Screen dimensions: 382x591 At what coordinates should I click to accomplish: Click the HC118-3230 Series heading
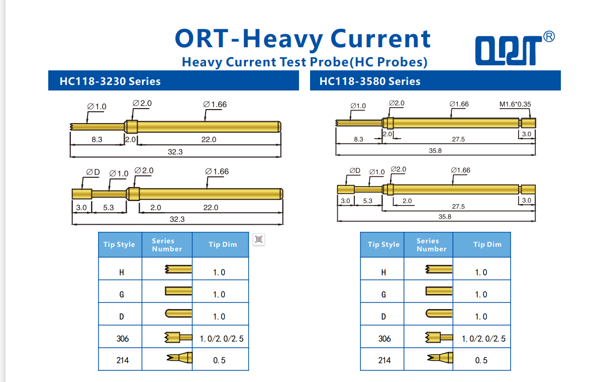pos(110,81)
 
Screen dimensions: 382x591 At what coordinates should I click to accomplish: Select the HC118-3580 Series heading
pos(370,81)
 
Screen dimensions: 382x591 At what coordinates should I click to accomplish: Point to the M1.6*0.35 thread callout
pos(515,105)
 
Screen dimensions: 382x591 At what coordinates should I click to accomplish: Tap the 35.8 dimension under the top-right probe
pos(435,150)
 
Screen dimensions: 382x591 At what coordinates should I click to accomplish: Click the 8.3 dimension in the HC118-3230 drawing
pos(97,139)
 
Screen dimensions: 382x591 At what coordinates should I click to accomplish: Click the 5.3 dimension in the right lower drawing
pos(367,201)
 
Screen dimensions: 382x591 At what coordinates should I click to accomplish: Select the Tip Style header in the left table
pos(119,245)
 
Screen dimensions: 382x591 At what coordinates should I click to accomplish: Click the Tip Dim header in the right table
pos(487,245)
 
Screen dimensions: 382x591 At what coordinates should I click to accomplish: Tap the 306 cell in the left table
pos(122,339)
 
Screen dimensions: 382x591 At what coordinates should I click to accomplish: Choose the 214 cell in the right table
pos(384,360)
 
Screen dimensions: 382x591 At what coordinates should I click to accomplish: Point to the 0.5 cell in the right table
pos(481,360)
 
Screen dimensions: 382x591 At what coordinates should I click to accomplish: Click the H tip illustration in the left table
pos(178,270)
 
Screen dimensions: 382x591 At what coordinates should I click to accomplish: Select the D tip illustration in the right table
pos(439,314)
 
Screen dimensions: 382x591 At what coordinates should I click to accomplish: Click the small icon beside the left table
pos(259,239)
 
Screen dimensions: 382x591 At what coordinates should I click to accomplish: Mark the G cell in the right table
pos(383,295)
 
